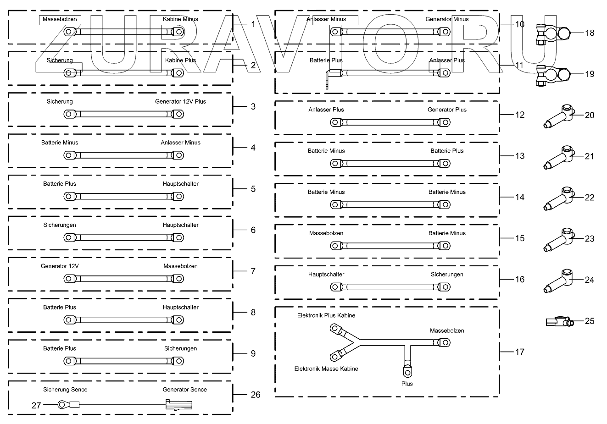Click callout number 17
click(519, 352)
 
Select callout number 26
click(255, 394)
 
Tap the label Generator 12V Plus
click(180, 101)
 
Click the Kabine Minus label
click(180, 19)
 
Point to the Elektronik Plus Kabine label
click(326, 315)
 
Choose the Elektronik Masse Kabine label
click(326, 369)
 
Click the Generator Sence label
click(184, 390)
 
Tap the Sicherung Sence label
click(65, 390)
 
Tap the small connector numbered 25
click(559, 322)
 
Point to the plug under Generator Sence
click(178, 405)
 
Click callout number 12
click(519, 115)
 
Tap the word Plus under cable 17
click(407, 384)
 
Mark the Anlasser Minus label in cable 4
click(180, 143)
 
